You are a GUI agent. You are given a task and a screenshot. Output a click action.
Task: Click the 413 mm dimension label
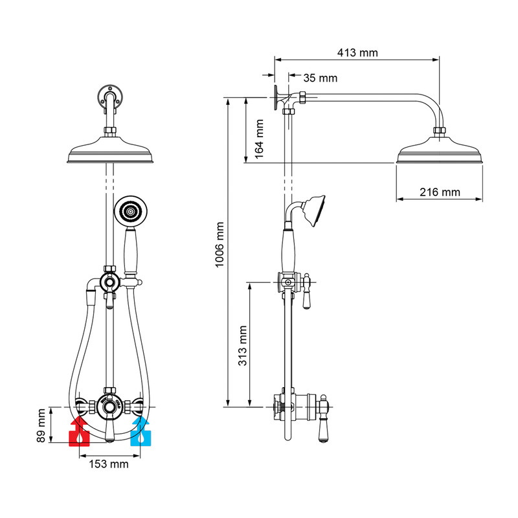[358, 52]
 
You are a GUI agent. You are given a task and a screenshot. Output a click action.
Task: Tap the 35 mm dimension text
[320, 78]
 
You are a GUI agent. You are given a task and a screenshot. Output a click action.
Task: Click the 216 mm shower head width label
[439, 192]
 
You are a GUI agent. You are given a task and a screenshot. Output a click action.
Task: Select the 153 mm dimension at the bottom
[107, 464]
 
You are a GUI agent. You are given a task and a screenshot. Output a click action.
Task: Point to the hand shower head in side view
[315, 209]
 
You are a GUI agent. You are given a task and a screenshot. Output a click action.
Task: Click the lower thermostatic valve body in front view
[110, 406]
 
